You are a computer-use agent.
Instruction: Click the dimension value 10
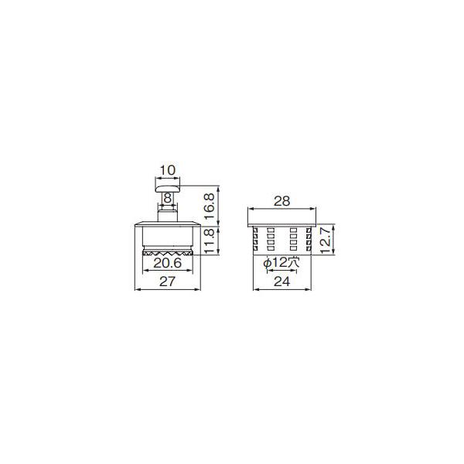click(x=168, y=170)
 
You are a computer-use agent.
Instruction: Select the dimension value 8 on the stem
click(x=168, y=198)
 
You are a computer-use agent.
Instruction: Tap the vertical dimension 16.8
click(x=209, y=206)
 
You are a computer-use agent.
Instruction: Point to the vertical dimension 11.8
click(x=209, y=241)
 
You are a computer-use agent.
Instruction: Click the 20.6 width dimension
click(x=168, y=263)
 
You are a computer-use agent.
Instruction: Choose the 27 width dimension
click(x=168, y=281)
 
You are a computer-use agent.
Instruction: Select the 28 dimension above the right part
click(x=281, y=201)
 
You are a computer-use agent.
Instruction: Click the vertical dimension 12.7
click(x=325, y=241)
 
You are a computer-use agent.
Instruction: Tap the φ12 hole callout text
click(x=281, y=262)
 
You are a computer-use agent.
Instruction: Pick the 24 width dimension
click(x=281, y=281)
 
